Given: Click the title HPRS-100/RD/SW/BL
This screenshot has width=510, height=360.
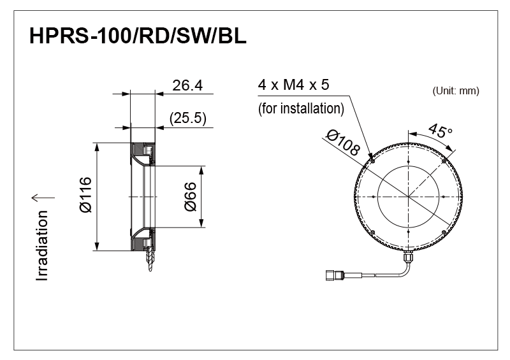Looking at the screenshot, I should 138,37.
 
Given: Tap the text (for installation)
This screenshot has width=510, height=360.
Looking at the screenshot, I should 301,108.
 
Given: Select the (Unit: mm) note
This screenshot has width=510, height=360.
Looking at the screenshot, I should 455,91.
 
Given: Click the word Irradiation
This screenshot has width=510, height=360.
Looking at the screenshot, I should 43,245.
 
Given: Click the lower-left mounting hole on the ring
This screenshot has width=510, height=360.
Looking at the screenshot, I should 373,232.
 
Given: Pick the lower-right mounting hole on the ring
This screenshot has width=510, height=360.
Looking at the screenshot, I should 444,232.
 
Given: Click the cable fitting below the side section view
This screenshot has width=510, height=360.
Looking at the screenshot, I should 149,262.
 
